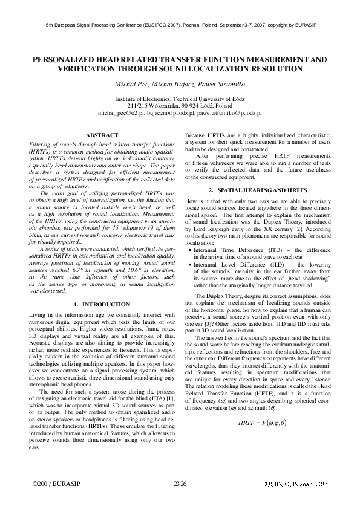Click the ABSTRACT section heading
(102, 135)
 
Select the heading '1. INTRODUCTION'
(102, 303)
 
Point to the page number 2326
(180, 485)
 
